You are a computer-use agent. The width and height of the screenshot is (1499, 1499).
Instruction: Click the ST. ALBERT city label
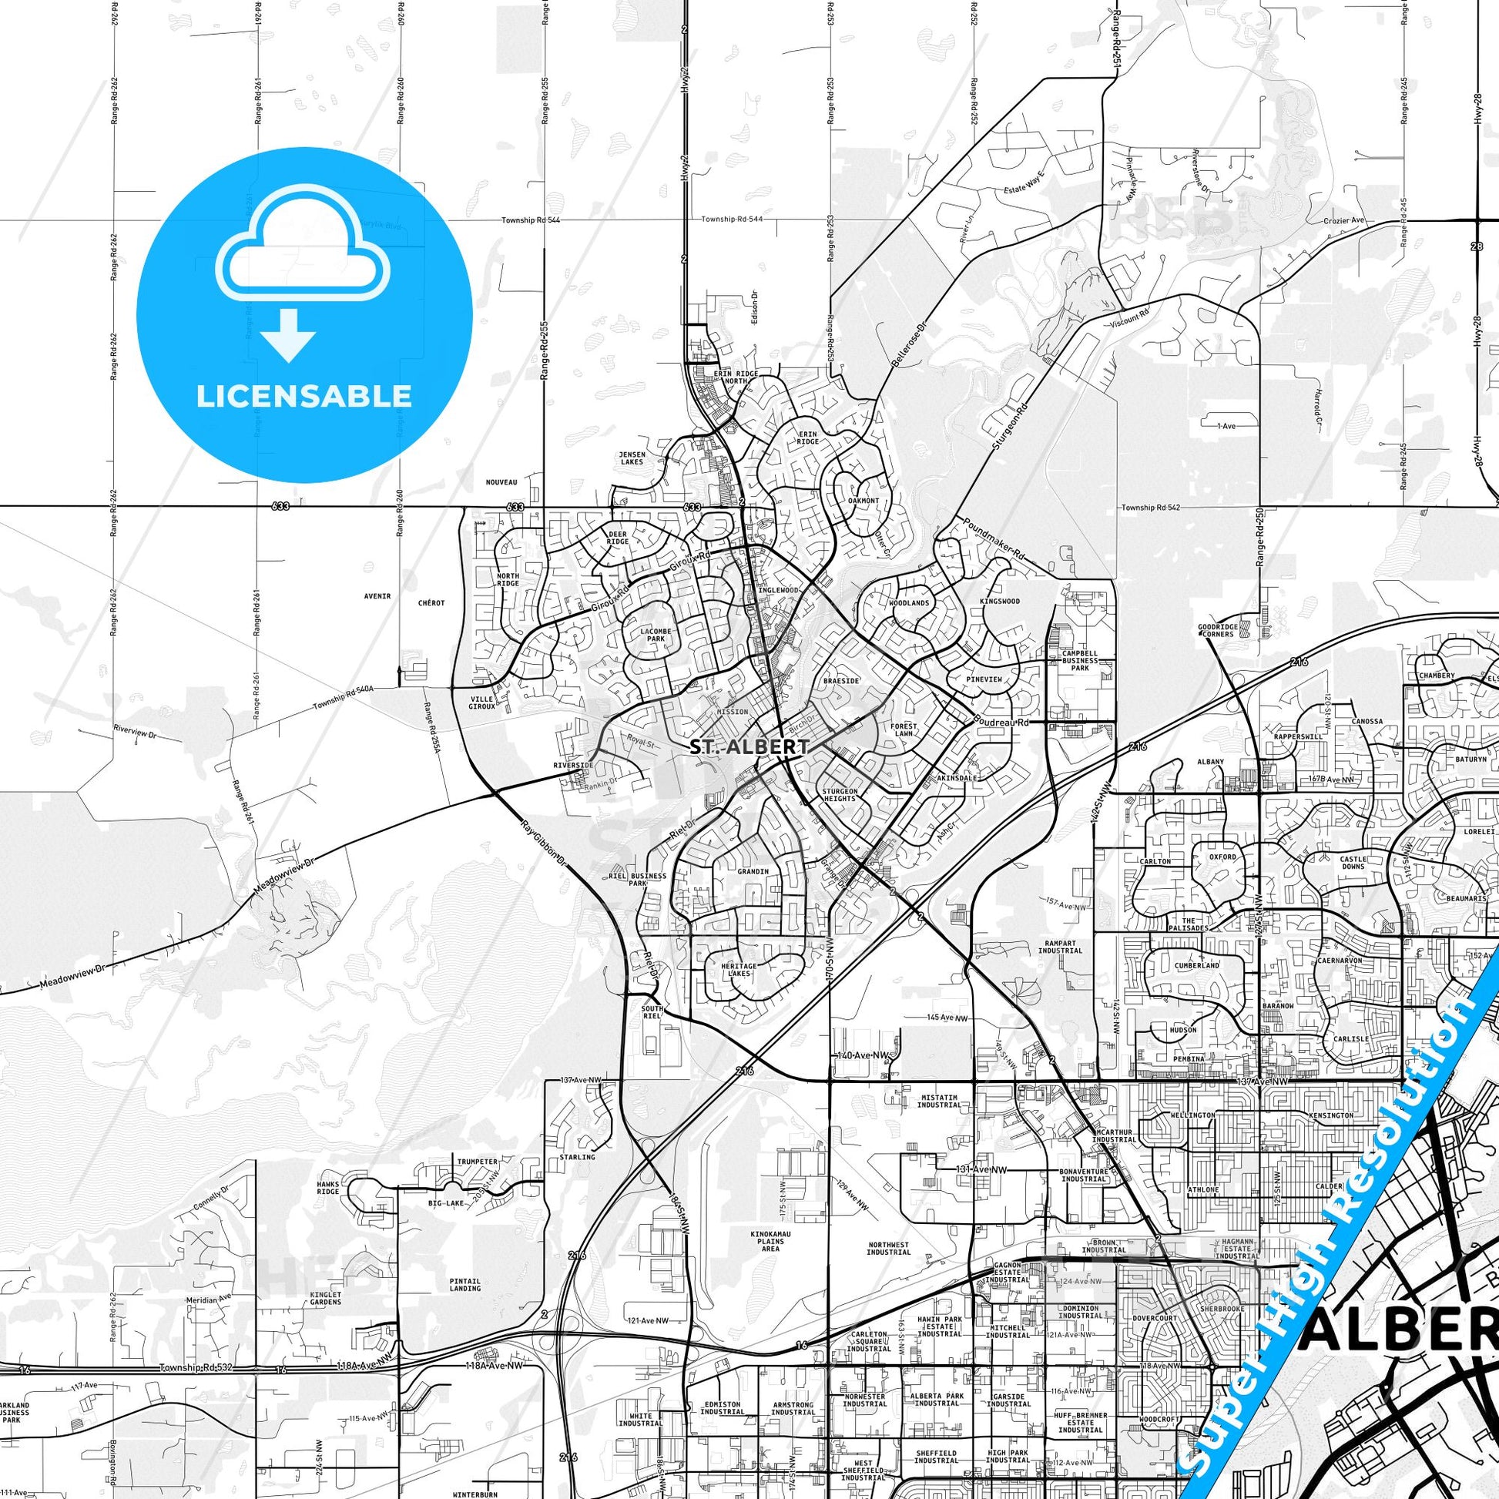point(749,746)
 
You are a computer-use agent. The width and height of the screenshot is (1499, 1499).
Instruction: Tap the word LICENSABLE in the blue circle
point(303,397)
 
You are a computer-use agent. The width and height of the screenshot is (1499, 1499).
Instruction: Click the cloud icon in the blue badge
point(303,249)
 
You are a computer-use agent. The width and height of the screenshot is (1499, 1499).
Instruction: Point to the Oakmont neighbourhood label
point(864,501)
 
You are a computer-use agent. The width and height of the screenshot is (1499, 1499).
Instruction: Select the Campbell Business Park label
point(1080,660)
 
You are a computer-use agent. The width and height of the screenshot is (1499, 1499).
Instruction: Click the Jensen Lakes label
point(632,458)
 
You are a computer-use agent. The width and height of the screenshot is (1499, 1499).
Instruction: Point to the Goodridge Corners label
point(1216,630)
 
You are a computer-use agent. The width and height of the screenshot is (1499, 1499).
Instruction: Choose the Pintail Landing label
point(464,1285)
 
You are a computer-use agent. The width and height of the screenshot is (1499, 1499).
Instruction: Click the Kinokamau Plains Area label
point(770,1242)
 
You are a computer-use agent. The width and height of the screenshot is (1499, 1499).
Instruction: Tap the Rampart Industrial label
point(1060,947)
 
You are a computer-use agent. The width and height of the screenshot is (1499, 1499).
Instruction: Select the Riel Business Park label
point(638,880)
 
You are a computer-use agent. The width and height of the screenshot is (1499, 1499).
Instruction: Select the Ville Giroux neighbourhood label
point(482,703)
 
